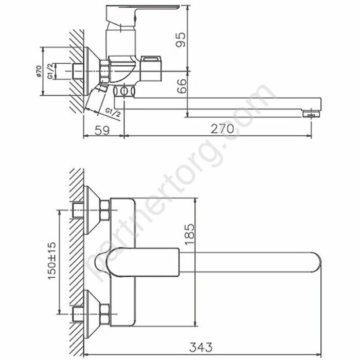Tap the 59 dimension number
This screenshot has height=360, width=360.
tap(103, 130)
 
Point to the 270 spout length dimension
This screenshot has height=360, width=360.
tap(222, 129)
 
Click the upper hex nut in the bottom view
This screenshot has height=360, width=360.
tap(104, 211)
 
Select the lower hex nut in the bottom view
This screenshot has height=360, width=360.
tap(104, 310)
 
